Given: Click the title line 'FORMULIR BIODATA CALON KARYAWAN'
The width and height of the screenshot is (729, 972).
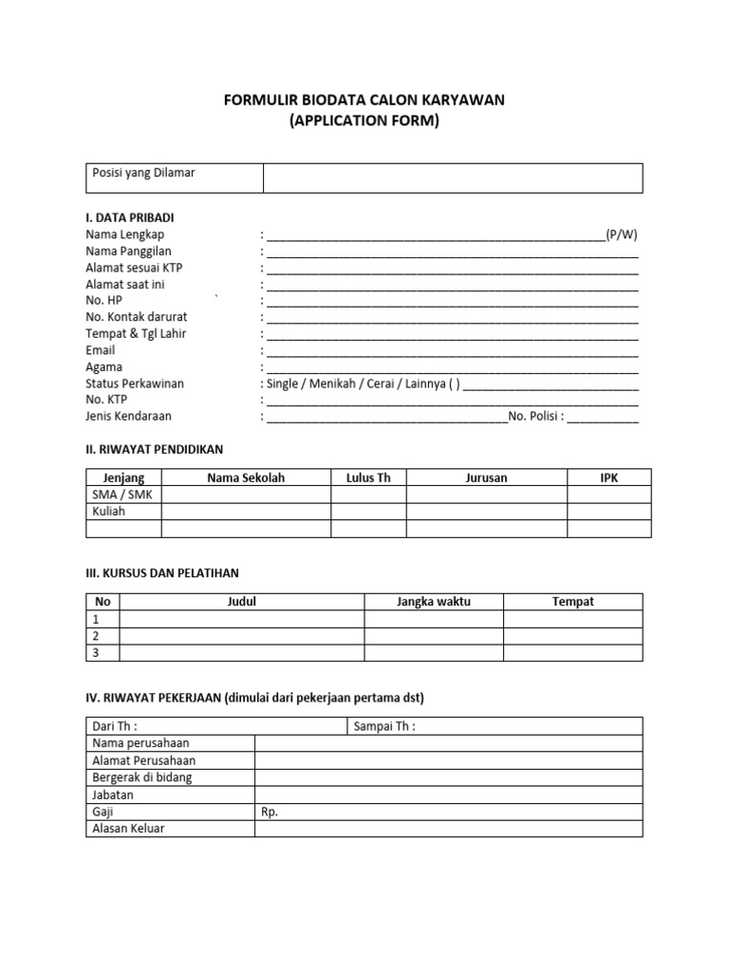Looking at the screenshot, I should (x=364, y=101).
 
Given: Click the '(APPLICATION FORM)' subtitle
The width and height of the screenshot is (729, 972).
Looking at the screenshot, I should (x=364, y=121).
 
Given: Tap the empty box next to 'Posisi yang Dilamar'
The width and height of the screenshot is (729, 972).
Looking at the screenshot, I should (x=453, y=178).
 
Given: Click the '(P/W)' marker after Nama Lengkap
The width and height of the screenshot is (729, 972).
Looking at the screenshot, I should (x=622, y=234).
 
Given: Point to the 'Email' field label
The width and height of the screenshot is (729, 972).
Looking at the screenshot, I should (x=101, y=350).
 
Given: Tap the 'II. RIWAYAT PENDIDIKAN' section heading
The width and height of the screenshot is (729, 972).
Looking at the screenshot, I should (x=155, y=449).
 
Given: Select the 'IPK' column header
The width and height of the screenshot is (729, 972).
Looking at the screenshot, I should (x=608, y=478).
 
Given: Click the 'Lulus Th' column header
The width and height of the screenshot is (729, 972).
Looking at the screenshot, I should (x=368, y=478).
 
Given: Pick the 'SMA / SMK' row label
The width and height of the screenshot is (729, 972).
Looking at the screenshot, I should (x=121, y=495).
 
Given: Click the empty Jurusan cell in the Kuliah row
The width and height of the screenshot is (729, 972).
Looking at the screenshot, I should (x=486, y=512).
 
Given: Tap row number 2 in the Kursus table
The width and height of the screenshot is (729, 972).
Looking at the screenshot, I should (x=96, y=636).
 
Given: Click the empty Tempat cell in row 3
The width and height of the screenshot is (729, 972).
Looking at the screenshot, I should (x=572, y=653).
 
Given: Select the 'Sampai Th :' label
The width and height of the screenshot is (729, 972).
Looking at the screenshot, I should (x=384, y=727).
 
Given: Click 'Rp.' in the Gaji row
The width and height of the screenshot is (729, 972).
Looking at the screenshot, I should (x=270, y=813).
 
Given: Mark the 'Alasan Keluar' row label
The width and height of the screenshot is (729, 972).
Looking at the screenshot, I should (x=128, y=829).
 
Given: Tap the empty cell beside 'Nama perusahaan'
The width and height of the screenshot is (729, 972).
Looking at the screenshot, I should (x=448, y=744).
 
